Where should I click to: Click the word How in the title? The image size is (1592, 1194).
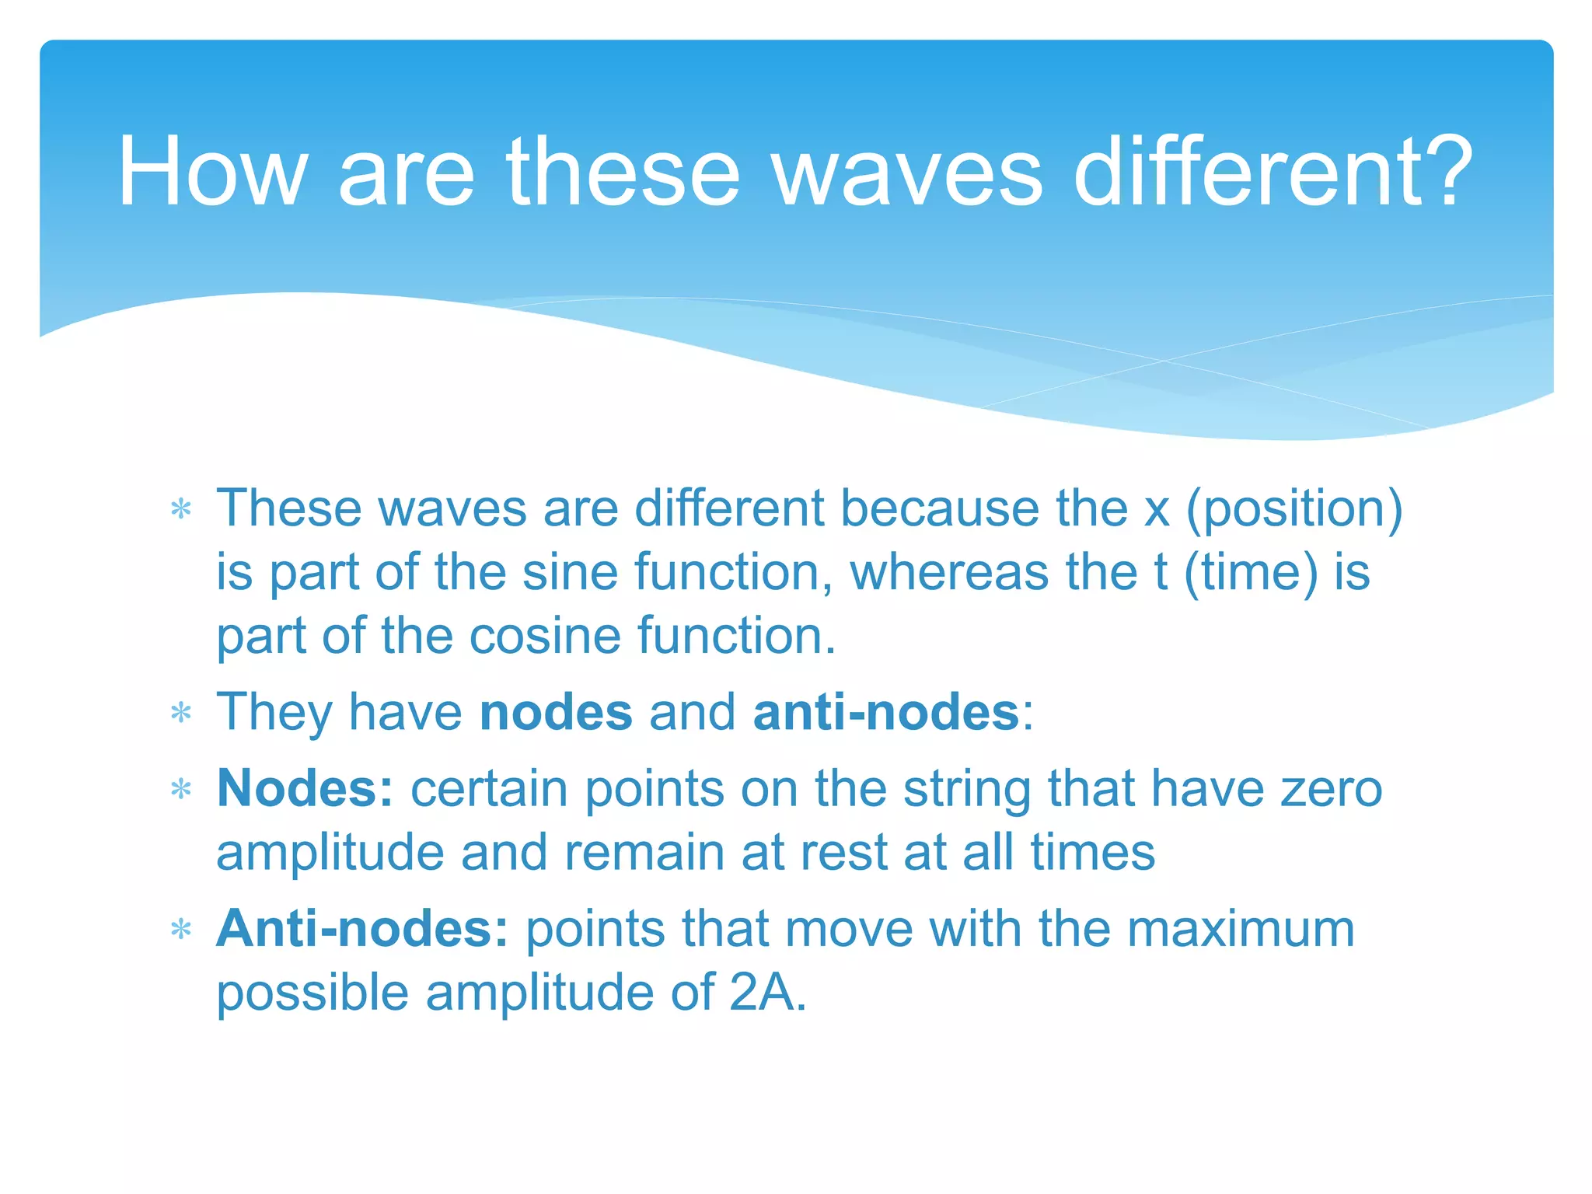pos(211,172)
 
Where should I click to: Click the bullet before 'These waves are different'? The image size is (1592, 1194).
pos(181,510)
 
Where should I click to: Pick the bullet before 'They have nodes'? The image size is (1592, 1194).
pos(181,713)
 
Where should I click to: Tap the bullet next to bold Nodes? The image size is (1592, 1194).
pos(181,790)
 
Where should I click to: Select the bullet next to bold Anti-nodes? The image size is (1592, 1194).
pos(181,930)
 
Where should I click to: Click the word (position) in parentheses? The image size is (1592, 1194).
pos(1294,511)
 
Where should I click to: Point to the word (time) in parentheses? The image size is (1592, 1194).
pos(1251,573)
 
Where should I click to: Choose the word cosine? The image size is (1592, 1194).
pos(545,637)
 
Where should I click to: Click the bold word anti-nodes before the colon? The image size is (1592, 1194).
pos(885,713)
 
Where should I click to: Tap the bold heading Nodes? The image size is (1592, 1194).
pos(305,789)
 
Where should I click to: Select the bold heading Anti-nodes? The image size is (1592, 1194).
pos(362,929)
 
